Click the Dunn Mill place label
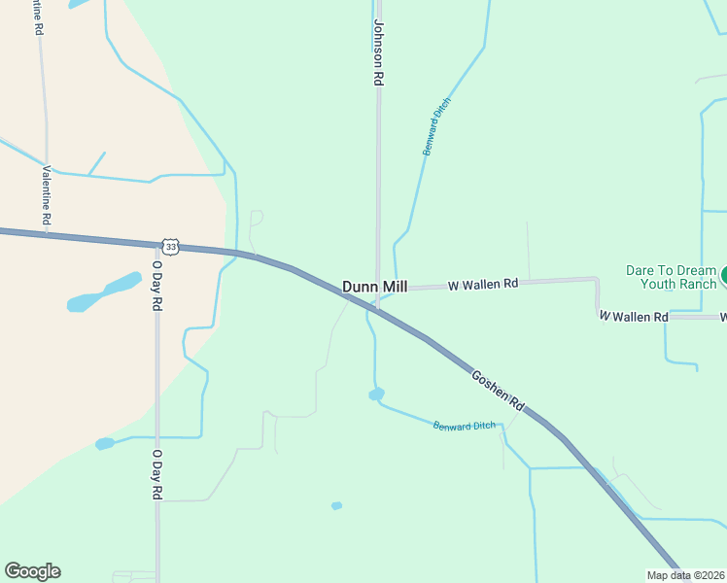(x=375, y=287)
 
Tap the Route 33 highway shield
(x=171, y=247)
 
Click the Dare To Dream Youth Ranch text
(x=671, y=277)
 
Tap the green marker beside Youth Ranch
(x=722, y=275)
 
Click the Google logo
(x=32, y=571)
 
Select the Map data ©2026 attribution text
(x=685, y=575)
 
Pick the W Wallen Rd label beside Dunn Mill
(x=483, y=285)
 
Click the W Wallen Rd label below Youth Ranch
(x=633, y=317)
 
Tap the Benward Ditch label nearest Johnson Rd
(x=437, y=126)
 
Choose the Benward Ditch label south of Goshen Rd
(x=464, y=426)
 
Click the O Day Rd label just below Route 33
(x=156, y=284)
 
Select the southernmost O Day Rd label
(x=156, y=473)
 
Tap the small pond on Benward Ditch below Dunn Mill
(x=376, y=394)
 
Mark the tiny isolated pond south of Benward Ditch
(x=336, y=505)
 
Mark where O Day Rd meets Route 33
(x=156, y=245)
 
